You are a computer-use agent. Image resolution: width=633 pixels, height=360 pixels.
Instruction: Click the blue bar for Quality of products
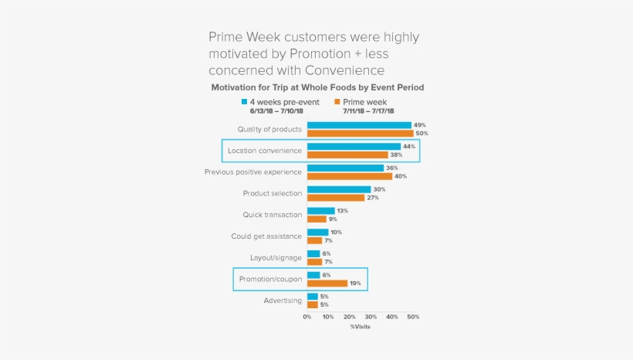click(359, 125)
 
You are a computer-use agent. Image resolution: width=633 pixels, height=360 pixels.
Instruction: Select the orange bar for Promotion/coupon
click(327, 284)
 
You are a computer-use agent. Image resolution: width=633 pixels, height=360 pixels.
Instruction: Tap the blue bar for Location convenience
click(354, 147)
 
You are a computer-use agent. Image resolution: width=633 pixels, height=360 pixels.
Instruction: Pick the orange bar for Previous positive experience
click(350, 176)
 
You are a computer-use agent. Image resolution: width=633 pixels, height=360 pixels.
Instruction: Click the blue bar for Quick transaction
click(320, 211)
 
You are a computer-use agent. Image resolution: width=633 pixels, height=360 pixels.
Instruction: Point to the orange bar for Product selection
click(336, 198)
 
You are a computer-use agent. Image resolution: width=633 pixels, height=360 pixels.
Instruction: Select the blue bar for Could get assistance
click(317, 233)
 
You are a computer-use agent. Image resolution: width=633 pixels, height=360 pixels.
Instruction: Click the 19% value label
click(356, 284)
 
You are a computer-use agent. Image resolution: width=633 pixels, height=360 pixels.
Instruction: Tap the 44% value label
click(409, 147)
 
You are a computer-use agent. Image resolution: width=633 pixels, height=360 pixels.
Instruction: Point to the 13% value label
click(343, 211)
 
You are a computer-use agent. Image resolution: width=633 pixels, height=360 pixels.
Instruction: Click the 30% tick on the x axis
click(371, 317)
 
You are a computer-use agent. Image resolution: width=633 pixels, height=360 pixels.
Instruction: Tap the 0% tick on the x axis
click(307, 317)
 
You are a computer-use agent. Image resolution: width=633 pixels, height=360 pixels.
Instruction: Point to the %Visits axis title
click(360, 327)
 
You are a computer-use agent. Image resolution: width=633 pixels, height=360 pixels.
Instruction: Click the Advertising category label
click(282, 301)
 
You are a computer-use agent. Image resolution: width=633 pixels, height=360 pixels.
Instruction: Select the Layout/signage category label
click(276, 257)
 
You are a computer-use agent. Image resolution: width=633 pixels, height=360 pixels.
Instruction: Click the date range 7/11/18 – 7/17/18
click(368, 111)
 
